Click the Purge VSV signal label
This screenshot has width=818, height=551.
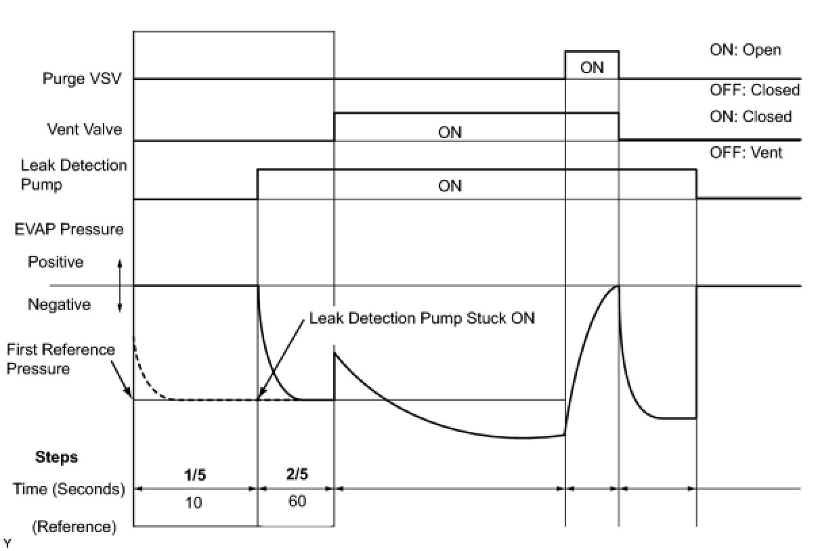(83, 79)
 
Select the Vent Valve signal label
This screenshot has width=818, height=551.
(85, 129)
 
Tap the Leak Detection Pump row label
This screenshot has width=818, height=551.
(74, 175)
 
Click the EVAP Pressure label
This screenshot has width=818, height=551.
(70, 229)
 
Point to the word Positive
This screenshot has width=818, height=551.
(56, 262)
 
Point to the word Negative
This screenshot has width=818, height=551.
(59, 305)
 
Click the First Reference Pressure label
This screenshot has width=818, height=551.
(60, 359)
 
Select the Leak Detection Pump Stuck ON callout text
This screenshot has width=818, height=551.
(422, 317)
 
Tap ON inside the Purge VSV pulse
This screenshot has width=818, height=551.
(592, 68)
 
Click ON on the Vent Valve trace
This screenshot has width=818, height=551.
(450, 133)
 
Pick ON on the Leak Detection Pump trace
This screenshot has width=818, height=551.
(450, 185)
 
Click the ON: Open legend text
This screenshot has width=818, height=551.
(745, 50)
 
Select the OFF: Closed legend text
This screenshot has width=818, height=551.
(754, 90)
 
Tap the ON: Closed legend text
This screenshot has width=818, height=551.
(750, 116)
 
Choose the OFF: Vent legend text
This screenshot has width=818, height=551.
(746, 153)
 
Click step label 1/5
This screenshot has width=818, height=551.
(195, 475)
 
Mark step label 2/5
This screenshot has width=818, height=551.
(297, 475)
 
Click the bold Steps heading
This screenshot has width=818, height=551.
(56, 457)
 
